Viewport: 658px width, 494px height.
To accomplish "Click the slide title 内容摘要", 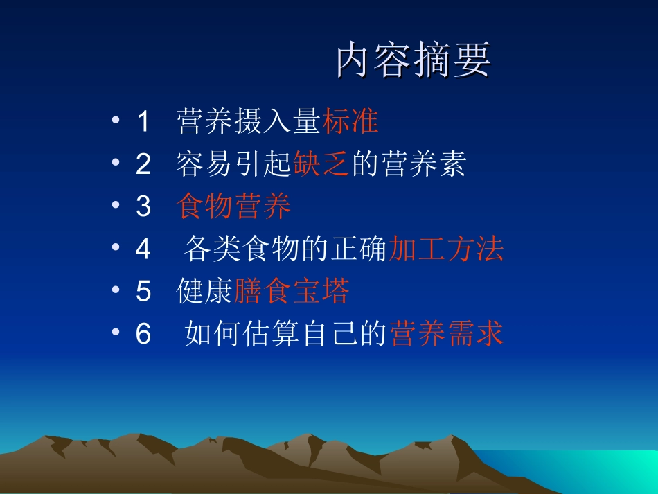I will point(414,61).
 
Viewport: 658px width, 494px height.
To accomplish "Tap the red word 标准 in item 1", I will point(350,121).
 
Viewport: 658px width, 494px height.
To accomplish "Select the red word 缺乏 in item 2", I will point(321,164).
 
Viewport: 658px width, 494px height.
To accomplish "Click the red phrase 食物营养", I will point(234,206).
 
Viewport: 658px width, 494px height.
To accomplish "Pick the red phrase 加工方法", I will point(445,249).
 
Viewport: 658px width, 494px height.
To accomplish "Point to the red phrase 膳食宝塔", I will point(292,292).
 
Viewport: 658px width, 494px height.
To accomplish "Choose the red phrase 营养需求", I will point(446,335).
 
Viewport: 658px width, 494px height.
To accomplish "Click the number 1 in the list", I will point(143,122).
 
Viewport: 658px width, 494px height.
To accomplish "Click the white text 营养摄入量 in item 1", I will point(249,121).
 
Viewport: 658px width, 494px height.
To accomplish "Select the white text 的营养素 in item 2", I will point(408,164).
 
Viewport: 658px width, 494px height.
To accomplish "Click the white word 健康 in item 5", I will point(205,292).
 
